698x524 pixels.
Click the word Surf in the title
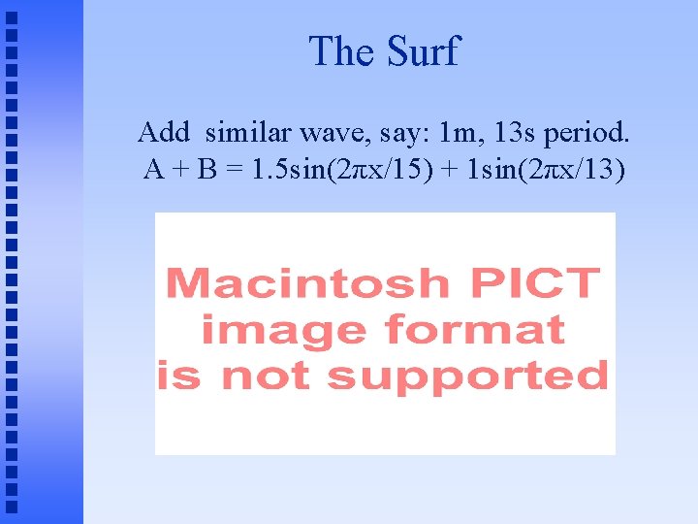423,50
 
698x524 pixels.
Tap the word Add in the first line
161,131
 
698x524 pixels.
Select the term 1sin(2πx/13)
546,171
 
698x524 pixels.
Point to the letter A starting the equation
153,171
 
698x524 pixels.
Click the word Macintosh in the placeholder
308,284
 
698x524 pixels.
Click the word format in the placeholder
474,330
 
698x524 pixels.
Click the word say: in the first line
408,131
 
